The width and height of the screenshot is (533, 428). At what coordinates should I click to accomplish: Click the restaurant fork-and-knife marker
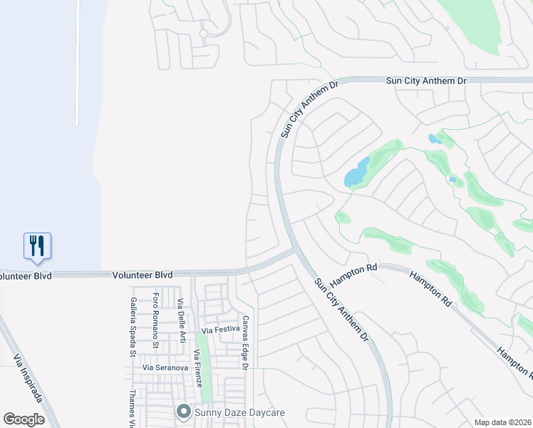[37, 246]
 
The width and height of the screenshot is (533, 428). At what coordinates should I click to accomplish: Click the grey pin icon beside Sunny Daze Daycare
[183, 412]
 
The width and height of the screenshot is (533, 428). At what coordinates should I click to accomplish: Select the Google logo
[24, 419]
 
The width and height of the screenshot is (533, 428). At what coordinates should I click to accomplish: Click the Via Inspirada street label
[27, 378]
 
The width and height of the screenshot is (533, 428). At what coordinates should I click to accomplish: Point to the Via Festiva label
[217, 331]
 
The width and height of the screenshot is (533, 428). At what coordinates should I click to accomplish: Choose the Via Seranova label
[165, 367]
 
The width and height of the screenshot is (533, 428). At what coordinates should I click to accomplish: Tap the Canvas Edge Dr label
[244, 342]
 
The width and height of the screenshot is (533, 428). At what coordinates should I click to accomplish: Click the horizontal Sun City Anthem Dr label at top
[425, 81]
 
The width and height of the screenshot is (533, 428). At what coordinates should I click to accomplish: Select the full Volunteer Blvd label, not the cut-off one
[143, 275]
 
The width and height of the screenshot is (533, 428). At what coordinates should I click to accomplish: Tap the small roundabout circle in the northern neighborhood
[203, 33]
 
